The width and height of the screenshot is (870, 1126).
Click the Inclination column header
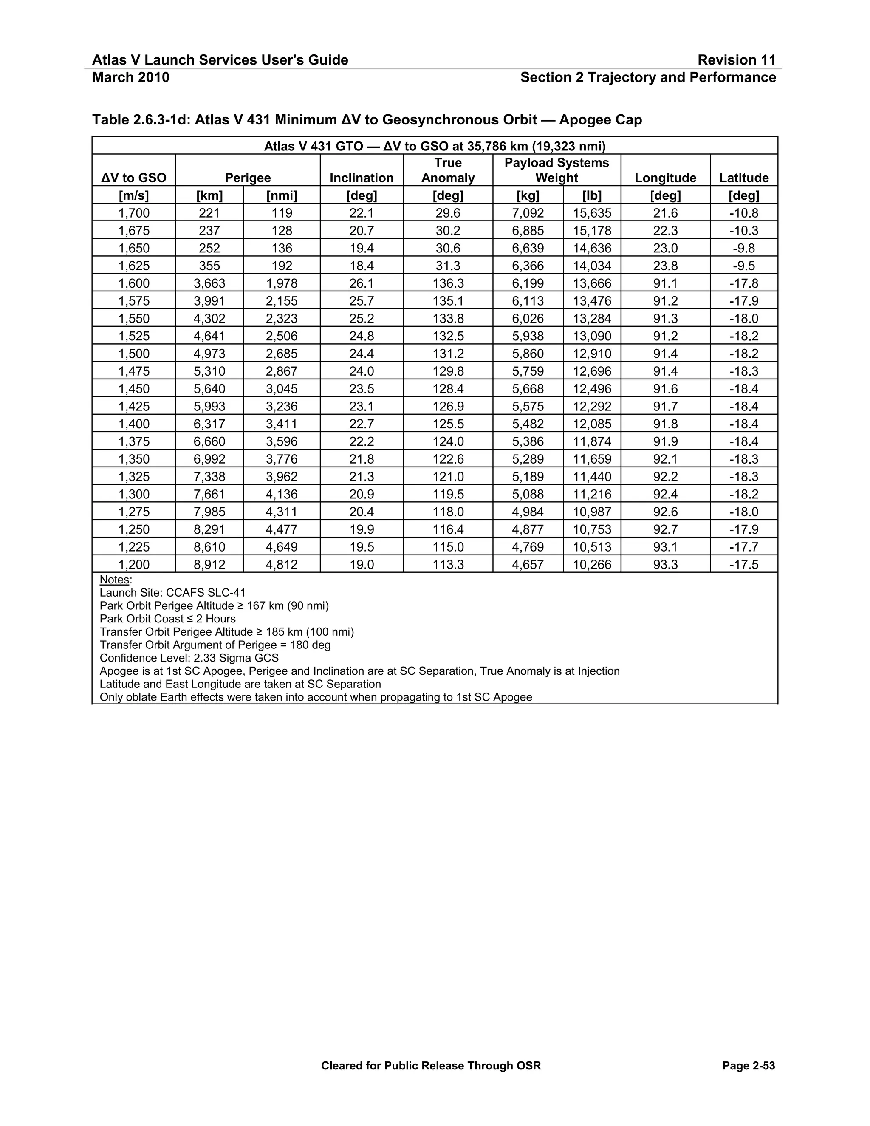362,178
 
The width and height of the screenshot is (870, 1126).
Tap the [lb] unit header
592,195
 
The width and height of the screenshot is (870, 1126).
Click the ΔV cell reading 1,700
133,213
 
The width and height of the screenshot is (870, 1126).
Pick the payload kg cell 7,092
528,213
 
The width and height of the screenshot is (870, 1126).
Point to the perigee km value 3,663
209,283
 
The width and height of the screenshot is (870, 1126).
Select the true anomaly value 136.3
447,283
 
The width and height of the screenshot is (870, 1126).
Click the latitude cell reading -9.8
743,248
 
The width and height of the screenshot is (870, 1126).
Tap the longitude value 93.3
665,565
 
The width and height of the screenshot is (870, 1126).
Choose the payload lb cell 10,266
592,565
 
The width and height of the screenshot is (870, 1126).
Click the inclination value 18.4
362,266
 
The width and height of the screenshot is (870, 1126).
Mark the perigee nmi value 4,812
281,565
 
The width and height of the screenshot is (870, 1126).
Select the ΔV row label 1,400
133,424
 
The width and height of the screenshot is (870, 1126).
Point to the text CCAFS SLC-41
206,592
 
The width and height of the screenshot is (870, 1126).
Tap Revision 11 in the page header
736,60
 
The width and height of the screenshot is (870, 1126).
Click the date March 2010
130,77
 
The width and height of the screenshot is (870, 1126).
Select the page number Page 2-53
749,1066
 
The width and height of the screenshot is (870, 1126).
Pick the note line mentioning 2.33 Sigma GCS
189,658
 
